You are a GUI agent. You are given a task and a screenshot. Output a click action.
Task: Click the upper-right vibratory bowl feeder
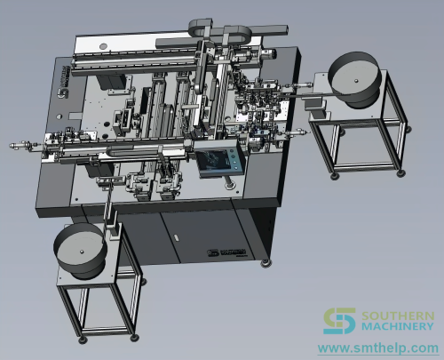point(353,79)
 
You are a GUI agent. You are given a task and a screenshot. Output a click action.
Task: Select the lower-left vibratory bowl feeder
point(81,251)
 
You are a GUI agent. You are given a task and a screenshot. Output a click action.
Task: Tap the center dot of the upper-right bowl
point(356,80)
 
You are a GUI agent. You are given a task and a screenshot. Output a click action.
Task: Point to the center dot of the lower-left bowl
point(82,252)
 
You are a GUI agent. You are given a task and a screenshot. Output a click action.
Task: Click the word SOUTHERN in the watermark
point(398,316)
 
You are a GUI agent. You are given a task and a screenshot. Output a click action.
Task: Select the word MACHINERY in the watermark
point(397,326)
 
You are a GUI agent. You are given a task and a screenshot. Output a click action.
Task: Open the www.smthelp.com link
point(378,348)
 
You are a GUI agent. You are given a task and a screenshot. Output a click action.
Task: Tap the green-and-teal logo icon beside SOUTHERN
point(339,321)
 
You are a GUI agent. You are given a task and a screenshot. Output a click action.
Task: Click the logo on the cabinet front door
point(226,252)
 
